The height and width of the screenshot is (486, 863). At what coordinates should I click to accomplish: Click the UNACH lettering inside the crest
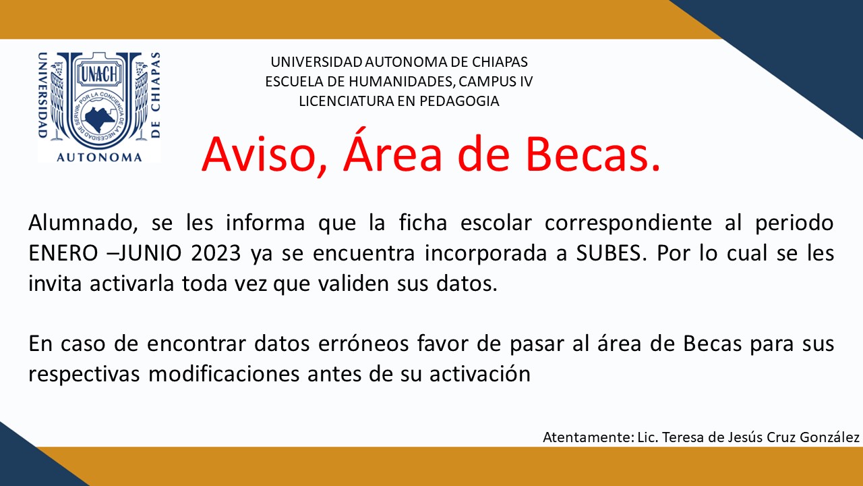pos(99,74)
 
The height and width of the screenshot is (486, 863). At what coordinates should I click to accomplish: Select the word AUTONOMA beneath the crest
pos(99,157)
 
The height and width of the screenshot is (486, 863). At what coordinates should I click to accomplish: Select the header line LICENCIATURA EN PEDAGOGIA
pos(399,101)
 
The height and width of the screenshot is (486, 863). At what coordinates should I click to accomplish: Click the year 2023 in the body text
pos(216,253)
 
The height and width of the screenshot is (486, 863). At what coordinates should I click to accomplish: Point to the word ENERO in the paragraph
pos(63,253)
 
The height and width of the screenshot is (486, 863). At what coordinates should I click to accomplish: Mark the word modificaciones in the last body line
pos(224,374)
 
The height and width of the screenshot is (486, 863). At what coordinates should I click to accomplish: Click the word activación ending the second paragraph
pos(480,374)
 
